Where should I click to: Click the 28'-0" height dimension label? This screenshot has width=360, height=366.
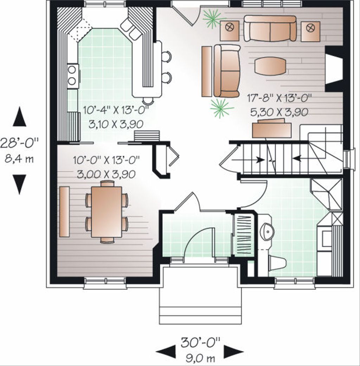click(19, 144)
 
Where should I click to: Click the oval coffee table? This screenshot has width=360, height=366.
click(270, 66)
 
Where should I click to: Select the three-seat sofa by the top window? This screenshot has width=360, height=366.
click(270, 29)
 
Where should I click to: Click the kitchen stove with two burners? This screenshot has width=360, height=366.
click(73, 76)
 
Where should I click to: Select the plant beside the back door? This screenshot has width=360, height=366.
click(213, 18)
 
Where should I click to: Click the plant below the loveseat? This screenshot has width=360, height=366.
click(221, 108)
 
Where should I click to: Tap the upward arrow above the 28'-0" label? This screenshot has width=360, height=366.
click(19, 117)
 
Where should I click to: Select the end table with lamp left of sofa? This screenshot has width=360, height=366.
click(230, 30)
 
